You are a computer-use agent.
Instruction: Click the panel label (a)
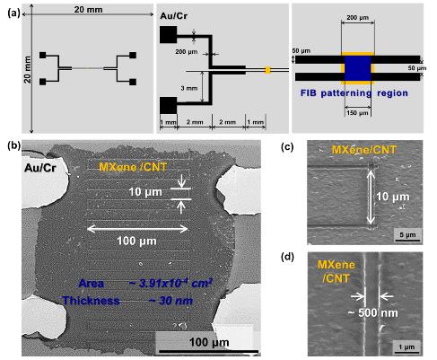tap(13, 13)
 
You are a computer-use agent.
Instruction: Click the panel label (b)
tap(14, 145)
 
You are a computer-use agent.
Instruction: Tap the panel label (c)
tap(287, 147)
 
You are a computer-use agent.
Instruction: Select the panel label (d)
tap(287, 257)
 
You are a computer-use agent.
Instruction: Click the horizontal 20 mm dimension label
tap(88, 10)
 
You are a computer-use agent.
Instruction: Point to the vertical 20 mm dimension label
tap(28, 69)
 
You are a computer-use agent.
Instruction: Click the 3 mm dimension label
tap(189, 88)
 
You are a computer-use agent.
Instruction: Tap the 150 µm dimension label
tap(358, 113)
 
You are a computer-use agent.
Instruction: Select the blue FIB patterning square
tap(358, 68)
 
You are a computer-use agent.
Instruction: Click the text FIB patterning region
tap(354, 93)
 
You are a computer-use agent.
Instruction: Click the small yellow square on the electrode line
tap(267, 70)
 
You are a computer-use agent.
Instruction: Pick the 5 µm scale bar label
tap(407, 234)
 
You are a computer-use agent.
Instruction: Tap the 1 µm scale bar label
tap(406, 347)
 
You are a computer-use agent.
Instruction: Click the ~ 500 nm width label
tap(372, 313)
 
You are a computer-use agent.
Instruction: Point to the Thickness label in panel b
tap(91, 301)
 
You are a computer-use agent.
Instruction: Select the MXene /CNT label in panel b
tap(133, 167)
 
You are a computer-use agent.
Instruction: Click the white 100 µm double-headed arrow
tap(137, 229)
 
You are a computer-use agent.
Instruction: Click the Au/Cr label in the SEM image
tap(39, 168)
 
